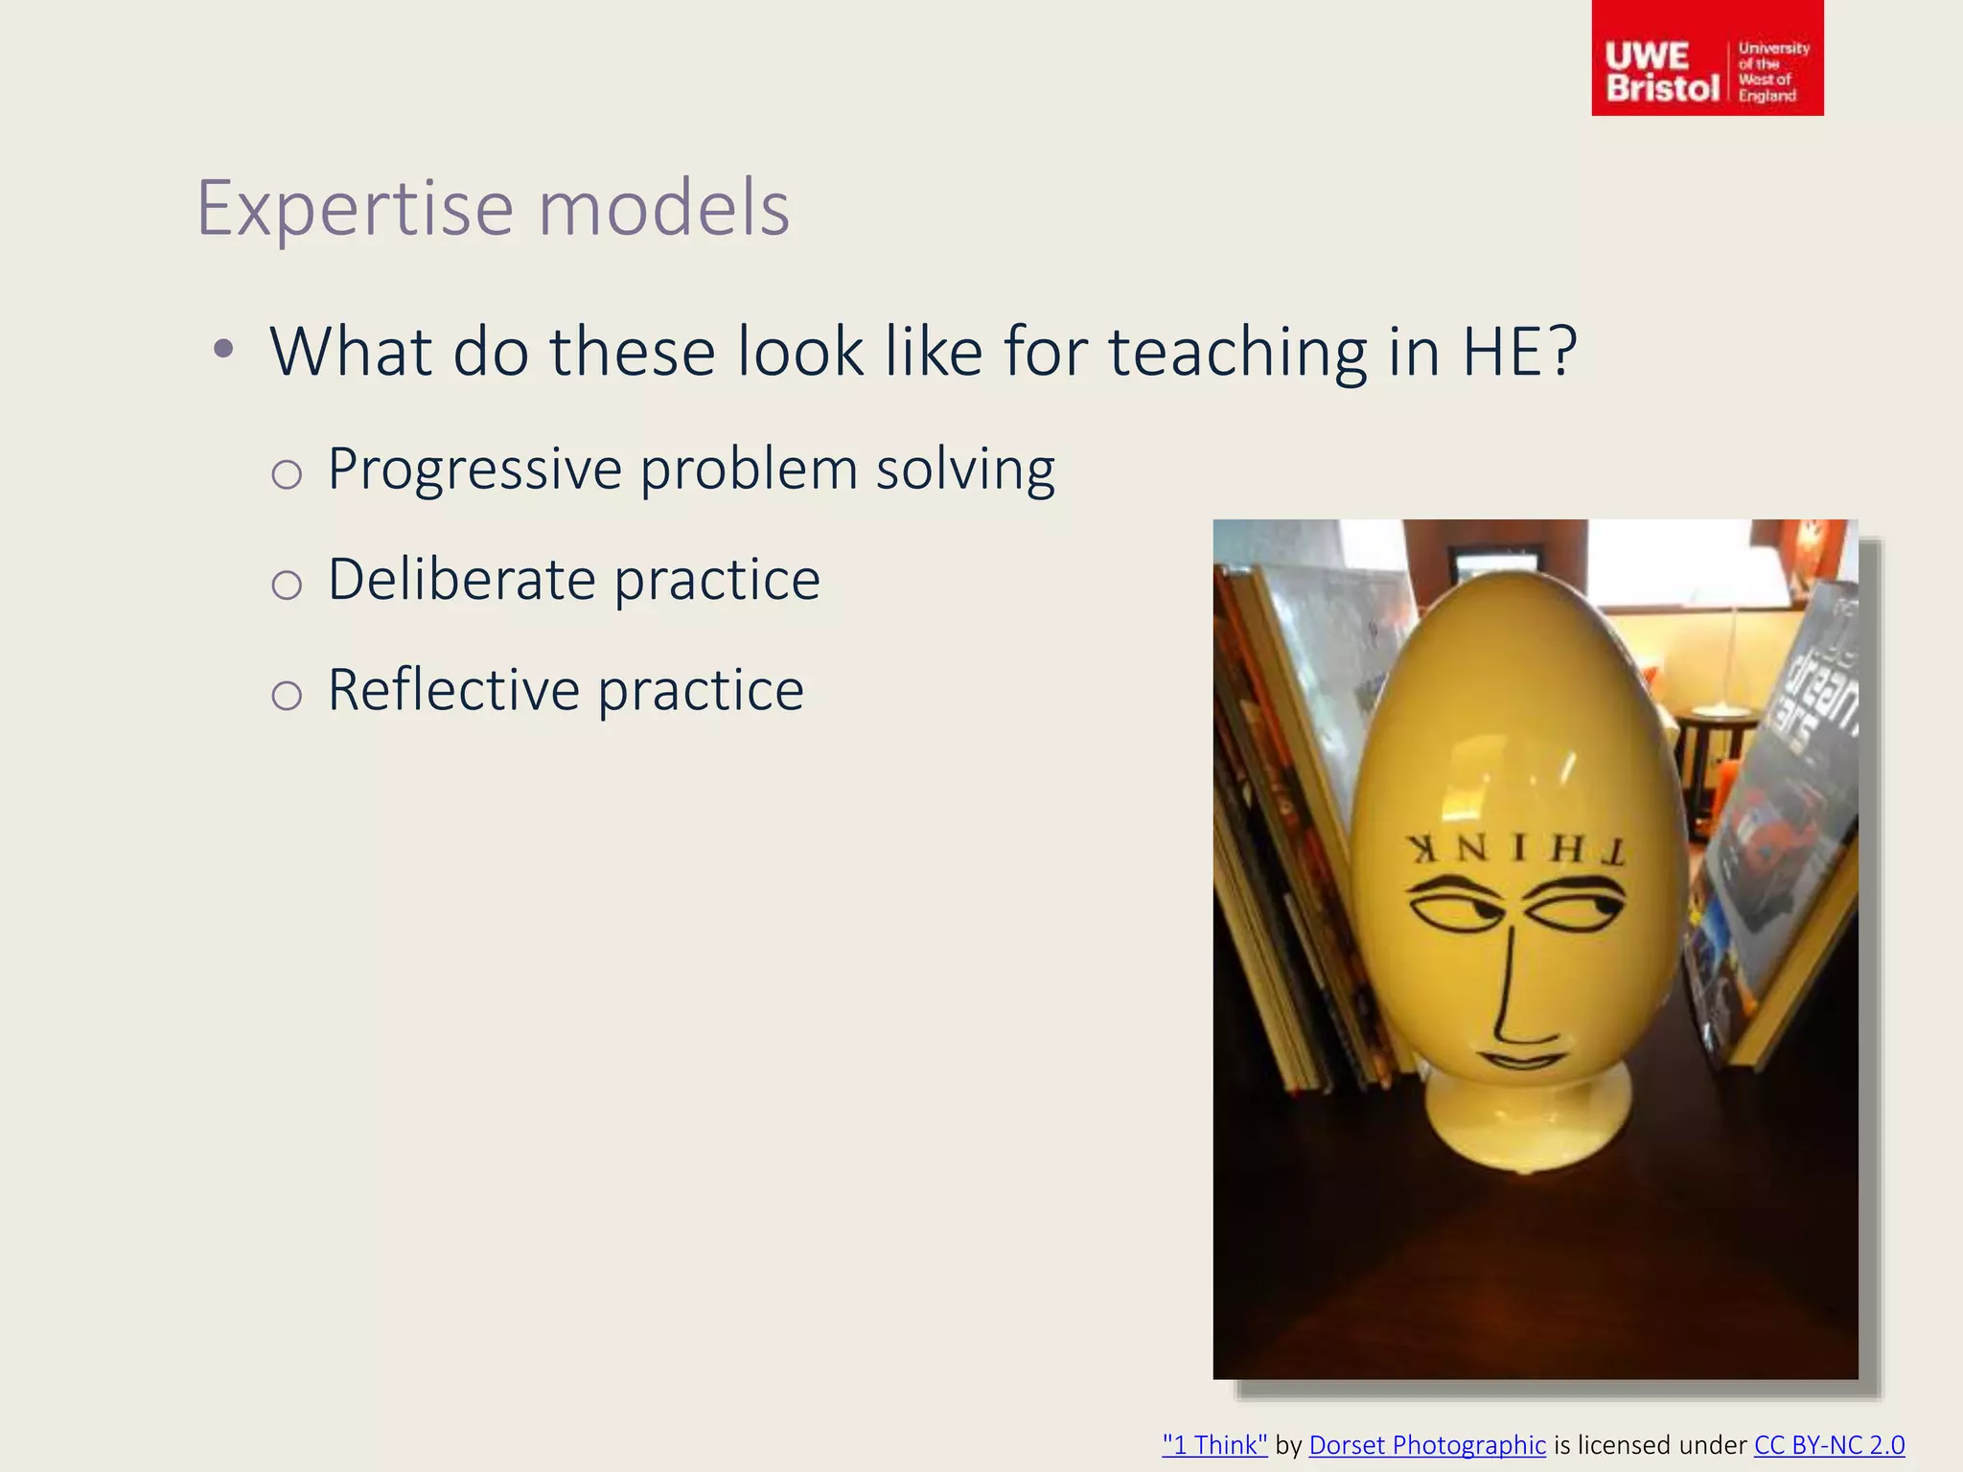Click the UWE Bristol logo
[x=1706, y=59]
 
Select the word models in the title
[x=663, y=208]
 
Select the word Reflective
[x=453, y=690]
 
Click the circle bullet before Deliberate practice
[x=287, y=585]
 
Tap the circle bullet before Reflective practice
[x=287, y=695]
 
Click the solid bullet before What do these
[x=223, y=349]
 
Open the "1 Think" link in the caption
[x=1214, y=1444]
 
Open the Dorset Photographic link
[x=1427, y=1444]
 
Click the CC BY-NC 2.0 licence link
[x=1829, y=1444]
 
